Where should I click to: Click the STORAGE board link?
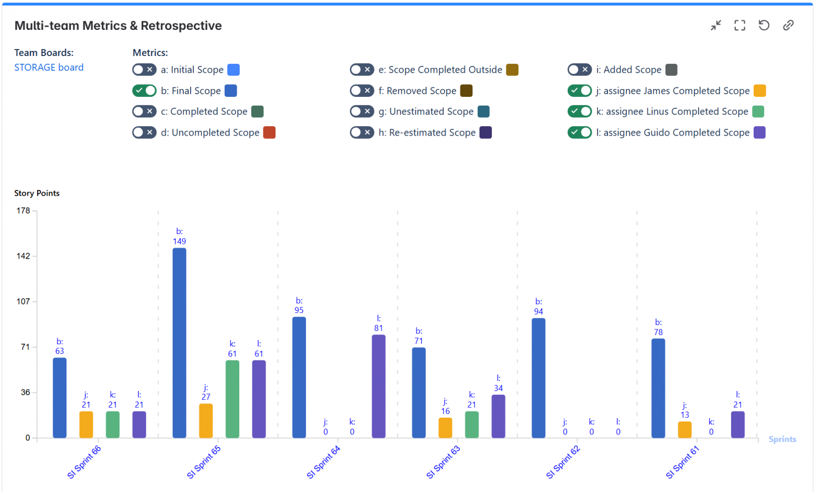[x=49, y=68]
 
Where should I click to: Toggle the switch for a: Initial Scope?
[x=144, y=70]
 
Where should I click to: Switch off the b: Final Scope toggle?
[x=144, y=91]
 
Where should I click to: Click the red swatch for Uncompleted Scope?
[x=269, y=132]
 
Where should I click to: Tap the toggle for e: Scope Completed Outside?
[x=362, y=70]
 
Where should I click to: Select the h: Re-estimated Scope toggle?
[x=362, y=132]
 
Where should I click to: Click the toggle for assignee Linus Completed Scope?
[x=579, y=111]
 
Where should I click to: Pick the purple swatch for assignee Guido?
[x=759, y=132]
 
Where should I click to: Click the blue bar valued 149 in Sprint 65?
[x=179, y=343]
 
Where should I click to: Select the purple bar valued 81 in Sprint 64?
[x=379, y=386]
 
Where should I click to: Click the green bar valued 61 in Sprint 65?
[x=232, y=399]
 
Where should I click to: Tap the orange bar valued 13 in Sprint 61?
[x=684, y=430]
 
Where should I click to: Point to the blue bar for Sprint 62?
[x=538, y=378]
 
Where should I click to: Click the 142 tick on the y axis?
[x=23, y=256]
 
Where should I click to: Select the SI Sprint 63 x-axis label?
[x=443, y=462]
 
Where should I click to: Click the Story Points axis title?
[x=37, y=193]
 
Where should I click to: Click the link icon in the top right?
[x=788, y=25]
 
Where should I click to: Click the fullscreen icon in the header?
[x=739, y=25]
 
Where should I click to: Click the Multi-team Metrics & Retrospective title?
[x=118, y=26]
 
